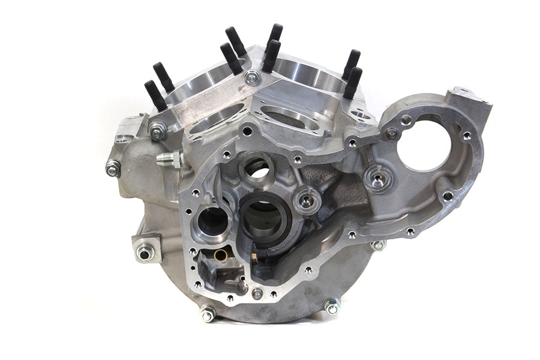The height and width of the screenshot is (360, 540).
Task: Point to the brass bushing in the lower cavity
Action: [x=221, y=255]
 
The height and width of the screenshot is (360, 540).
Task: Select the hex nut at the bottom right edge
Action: [x=332, y=307]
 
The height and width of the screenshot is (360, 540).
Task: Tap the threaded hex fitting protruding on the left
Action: [x=169, y=159]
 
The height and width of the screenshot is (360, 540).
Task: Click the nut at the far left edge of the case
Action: [x=112, y=169]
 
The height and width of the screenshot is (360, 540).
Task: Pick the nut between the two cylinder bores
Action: [x=253, y=77]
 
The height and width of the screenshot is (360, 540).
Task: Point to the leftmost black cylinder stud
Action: [x=154, y=95]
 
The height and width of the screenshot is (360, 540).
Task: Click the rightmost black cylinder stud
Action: [x=354, y=82]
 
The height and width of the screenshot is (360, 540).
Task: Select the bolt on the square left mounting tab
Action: [x=145, y=253]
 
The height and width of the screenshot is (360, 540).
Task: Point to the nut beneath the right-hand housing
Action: [x=377, y=245]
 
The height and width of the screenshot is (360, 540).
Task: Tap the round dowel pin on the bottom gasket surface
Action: [x=257, y=293]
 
